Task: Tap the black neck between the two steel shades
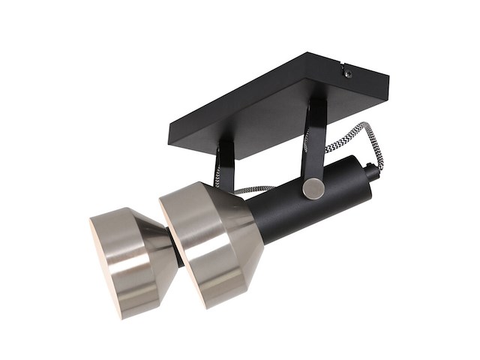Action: (x=178, y=251)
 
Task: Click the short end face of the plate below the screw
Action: (x=367, y=94)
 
